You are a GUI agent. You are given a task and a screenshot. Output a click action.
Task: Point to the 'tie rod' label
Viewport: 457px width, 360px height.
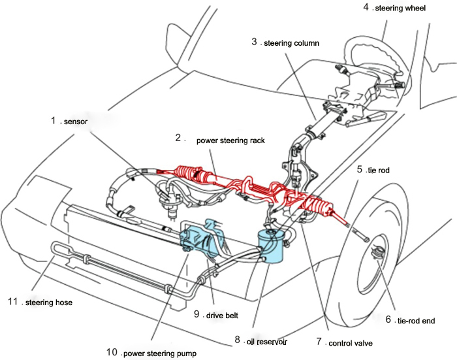pos(377,170)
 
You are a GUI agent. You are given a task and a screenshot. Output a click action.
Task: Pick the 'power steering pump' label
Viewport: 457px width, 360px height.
pos(159,353)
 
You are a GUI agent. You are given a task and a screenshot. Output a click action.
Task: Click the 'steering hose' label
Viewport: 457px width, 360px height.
pos(50,303)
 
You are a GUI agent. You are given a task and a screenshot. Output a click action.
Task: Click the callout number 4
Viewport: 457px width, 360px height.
pos(366,8)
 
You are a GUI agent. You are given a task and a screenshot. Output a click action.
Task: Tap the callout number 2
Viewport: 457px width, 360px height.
pos(178,138)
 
